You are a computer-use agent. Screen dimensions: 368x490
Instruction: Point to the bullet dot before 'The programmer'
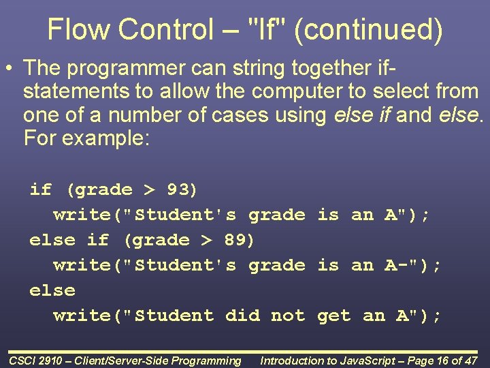coord(10,68)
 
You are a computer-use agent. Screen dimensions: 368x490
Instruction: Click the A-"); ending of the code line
coord(413,265)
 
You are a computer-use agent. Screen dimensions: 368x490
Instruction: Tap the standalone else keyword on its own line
coord(52,290)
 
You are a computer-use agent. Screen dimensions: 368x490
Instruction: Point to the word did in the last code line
coord(242,316)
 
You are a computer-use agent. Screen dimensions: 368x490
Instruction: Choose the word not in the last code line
coord(287,316)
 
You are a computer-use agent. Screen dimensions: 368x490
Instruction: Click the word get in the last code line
coord(333,316)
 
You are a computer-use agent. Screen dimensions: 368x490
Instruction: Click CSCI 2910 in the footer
coord(37,361)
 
